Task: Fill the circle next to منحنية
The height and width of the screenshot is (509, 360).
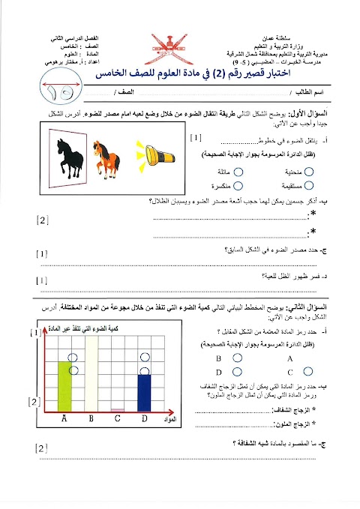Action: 309,172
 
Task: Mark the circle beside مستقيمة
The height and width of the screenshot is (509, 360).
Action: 309,184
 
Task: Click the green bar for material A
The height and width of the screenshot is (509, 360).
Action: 64,386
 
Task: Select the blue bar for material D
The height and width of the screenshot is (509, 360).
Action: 143,393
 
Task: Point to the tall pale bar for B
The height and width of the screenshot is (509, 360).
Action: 91,374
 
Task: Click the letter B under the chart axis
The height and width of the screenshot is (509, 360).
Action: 91,418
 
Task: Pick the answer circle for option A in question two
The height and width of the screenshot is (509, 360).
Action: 308,358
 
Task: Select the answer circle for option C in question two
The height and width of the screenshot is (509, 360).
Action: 308,371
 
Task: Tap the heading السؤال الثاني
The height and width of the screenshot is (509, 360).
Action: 308,309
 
